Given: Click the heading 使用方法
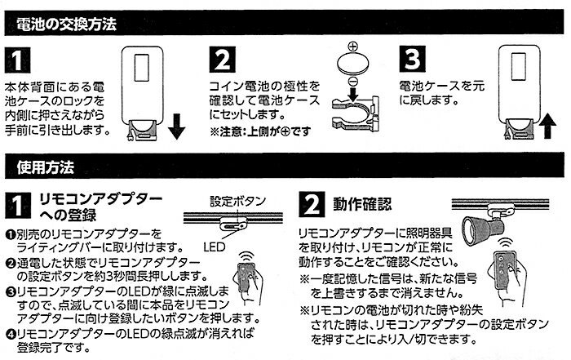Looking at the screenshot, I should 46,168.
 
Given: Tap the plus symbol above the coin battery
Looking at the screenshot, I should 352,47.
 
